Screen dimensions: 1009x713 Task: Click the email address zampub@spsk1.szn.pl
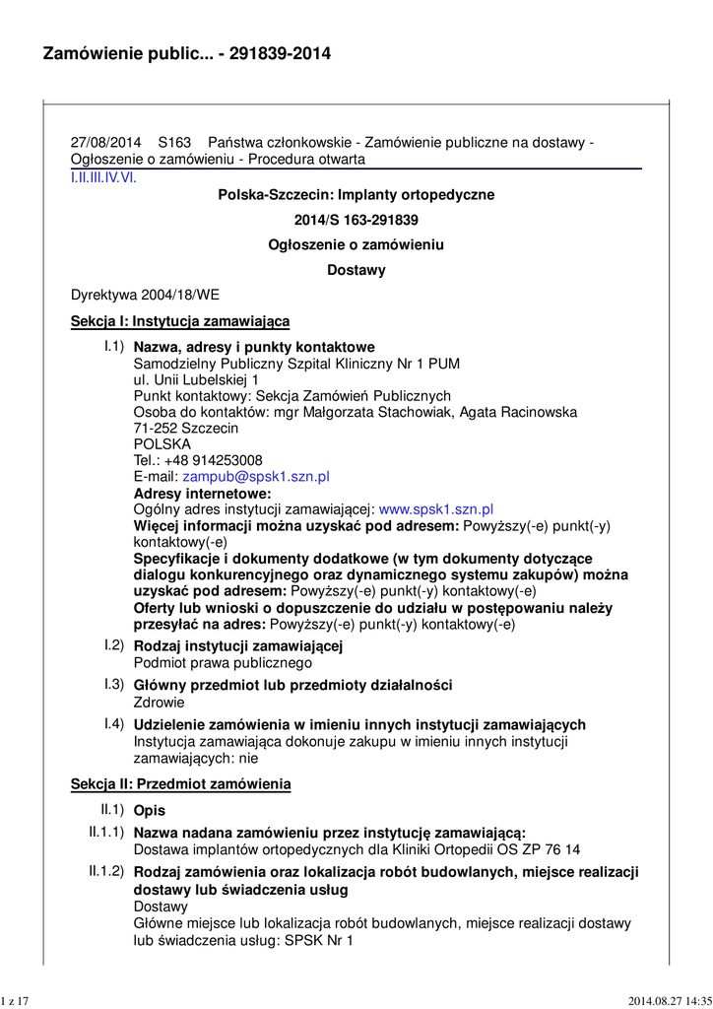tap(256, 477)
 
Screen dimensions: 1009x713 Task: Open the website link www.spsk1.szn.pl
tap(435, 509)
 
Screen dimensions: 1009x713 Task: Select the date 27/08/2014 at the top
tap(105, 143)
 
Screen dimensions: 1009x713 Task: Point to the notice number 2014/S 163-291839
tap(356, 220)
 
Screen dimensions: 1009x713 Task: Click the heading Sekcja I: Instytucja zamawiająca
tap(180, 321)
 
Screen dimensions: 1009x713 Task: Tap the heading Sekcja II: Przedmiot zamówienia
tap(181, 784)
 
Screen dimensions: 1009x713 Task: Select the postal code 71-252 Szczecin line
tap(185, 429)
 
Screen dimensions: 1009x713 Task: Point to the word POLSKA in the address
tap(162, 444)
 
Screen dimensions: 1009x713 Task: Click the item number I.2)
tap(114, 645)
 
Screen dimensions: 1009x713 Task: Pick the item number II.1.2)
tap(106, 871)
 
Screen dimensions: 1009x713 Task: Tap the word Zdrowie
tap(159, 703)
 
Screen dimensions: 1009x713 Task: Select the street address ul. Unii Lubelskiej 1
tap(196, 379)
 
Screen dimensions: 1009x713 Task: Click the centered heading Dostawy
tap(356, 270)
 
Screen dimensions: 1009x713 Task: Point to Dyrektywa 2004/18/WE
tap(146, 295)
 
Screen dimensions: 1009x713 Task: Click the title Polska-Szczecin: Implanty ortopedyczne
tap(356, 195)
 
